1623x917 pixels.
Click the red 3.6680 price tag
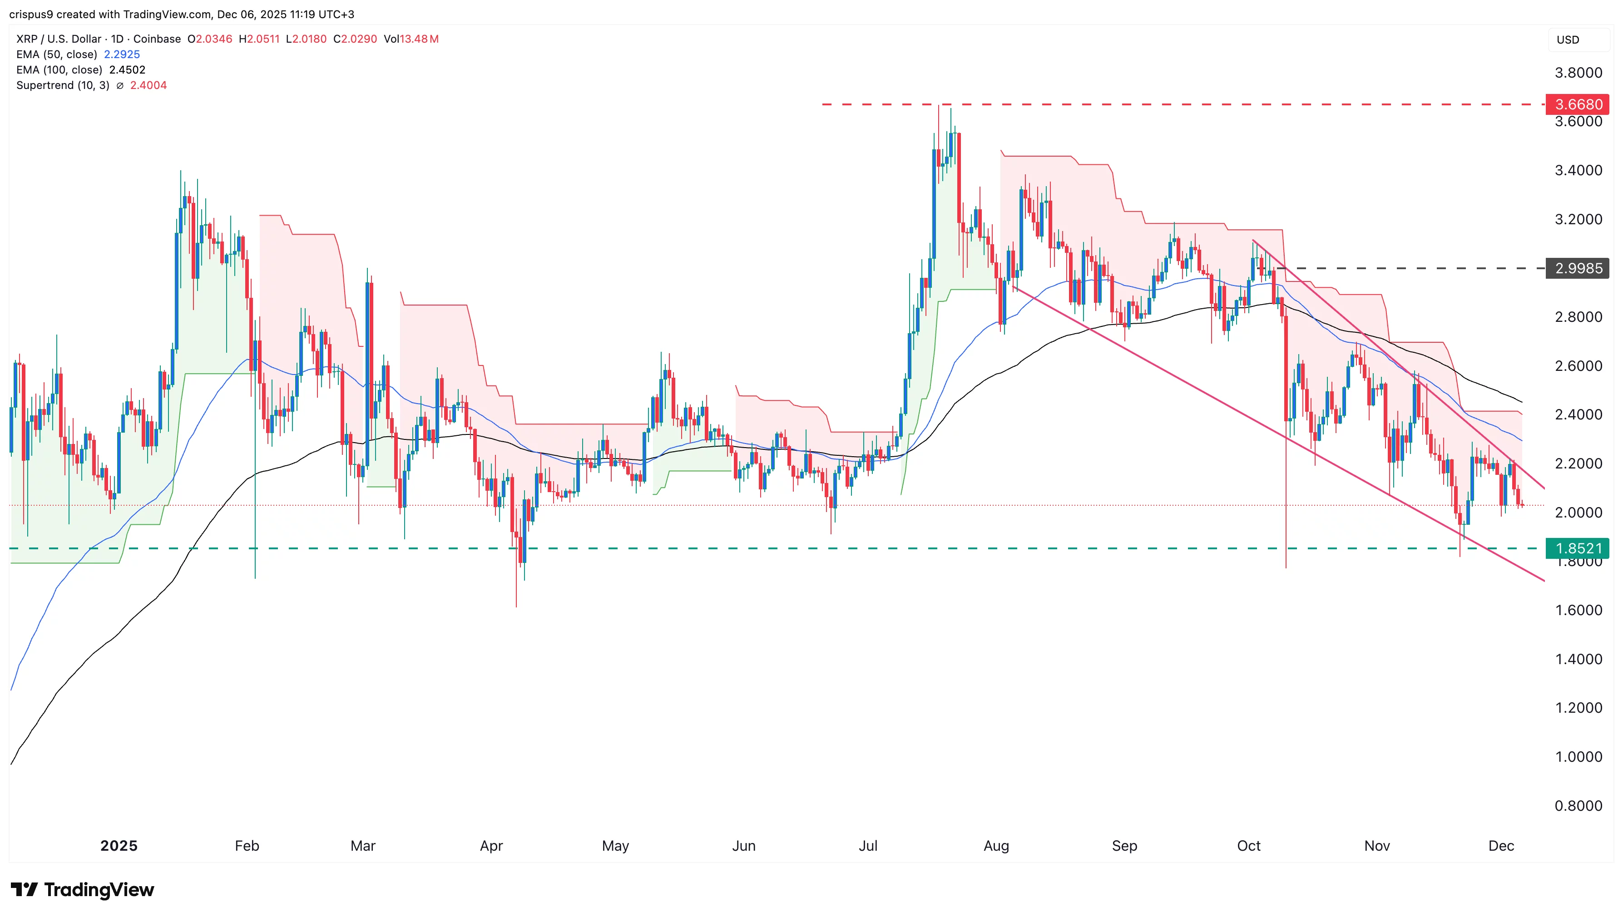click(x=1578, y=104)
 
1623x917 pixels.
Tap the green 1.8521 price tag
click(x=1578, y=548)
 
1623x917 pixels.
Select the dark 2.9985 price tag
click(x=1578, y=268)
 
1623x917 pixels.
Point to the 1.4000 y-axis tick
click(x=1578, y=660)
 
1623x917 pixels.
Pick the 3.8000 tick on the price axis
click(x=1578, y=73)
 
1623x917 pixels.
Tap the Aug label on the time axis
click(x=996, y=846)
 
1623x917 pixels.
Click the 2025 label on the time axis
click(x=119, y=846)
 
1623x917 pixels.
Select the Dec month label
click(x=1501, y=846)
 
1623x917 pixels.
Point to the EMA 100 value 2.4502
click(x=127, y=70)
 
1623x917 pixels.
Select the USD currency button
click(x=1568, y=39)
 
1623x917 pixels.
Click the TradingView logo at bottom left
click(x=83, y=889)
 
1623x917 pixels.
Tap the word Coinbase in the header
click(x=157, y=39)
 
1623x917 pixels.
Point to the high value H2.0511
click(x=259, y=39)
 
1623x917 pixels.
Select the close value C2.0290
click(x=355, y=39)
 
